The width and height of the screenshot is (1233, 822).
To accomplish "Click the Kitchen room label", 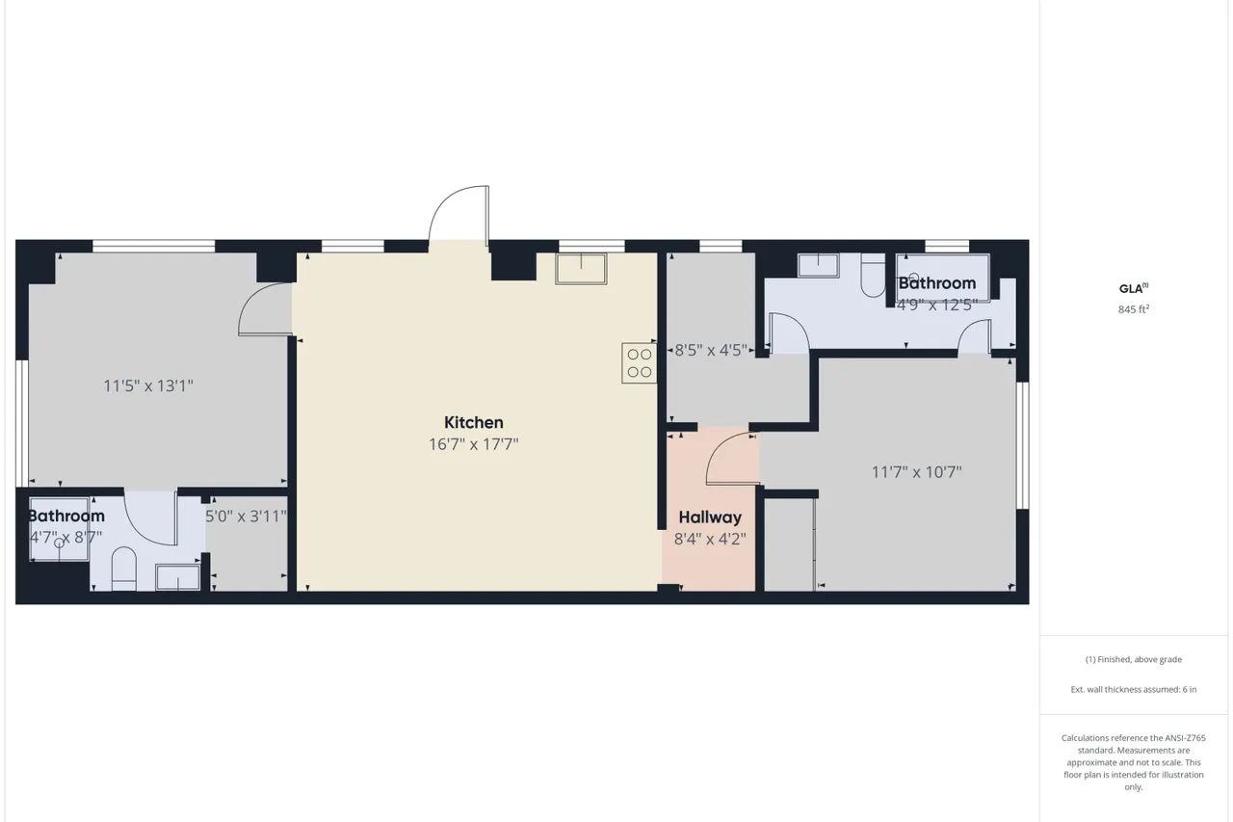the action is [473, 422].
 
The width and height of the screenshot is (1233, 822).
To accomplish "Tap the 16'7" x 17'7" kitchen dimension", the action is [473, 443].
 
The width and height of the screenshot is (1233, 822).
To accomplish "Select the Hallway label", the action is [710, 517].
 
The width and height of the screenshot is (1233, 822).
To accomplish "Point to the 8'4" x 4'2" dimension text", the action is [710, 539].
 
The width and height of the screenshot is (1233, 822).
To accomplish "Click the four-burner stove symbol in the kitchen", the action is [639, 363].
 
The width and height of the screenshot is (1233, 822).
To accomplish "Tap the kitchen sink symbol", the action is [581, 269].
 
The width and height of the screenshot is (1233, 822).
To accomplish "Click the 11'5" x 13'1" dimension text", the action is [148, 385].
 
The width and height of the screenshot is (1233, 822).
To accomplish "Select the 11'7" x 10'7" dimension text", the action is [916, 472].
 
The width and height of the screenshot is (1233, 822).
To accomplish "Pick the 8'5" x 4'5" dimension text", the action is [711, 350].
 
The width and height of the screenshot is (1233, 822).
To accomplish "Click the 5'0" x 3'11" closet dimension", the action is [246, 516].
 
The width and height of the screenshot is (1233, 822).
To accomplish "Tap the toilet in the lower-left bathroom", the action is [124, 569].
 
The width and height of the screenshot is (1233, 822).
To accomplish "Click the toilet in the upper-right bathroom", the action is [873, 276].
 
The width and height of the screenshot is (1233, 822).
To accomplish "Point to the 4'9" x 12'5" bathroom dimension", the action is [937, 305].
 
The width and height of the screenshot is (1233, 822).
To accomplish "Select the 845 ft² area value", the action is [1134, 309].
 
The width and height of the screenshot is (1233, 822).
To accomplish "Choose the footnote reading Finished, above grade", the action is [1134, 659].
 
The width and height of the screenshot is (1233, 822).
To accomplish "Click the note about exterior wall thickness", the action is [1134, 689].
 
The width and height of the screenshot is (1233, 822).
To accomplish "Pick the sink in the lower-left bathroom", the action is [178, 577].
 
